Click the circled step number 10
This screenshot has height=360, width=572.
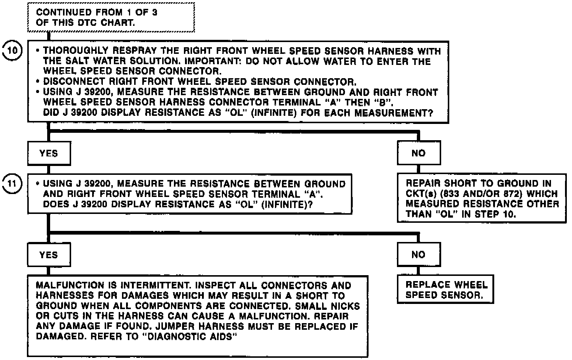pos(13,50)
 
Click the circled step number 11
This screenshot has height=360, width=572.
pos(13,183)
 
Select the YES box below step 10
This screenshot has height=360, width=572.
pos(49,153)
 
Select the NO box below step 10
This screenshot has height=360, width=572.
pos(419,153)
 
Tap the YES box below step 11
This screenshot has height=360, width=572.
pos(49,255)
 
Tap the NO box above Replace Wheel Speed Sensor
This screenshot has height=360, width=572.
pos(419,255)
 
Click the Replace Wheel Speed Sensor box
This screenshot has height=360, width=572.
pos(445,290)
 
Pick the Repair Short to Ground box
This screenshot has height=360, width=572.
pos(481,198)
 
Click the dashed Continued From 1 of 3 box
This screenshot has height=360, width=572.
pos(111,17)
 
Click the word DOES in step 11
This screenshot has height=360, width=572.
pos(53,204)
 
